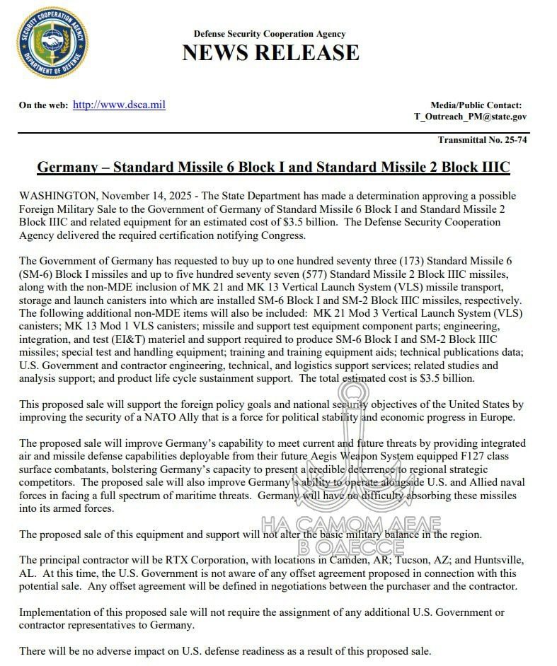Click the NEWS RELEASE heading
(x=270, y=53)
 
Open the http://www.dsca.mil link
(x=119, y=105)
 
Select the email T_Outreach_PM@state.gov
(x=470, y=117)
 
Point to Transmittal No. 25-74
(x=482, y=140)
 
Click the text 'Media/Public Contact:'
(x=476, y=105)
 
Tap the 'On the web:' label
(x=44, y=106)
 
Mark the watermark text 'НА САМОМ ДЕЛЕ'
(x=350, y=525)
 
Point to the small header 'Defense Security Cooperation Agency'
(x=270, y=34)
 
